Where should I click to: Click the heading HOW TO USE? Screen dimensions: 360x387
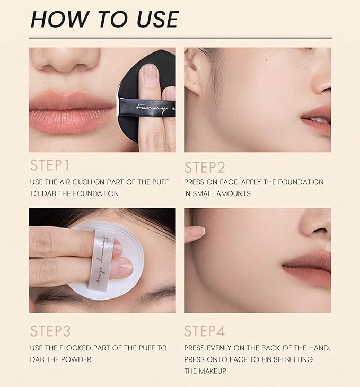[x=104, y=19]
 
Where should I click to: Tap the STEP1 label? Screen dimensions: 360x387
[x=50, y=165]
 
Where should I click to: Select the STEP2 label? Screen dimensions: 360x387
[x=205, y=168]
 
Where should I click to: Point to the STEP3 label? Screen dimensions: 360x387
[x=50, y=331]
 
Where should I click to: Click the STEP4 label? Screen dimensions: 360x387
[x=205, y=331]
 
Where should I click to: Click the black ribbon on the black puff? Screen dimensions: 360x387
[x=147, y=108]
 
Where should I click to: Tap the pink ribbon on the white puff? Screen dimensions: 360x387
[x=102, y=260]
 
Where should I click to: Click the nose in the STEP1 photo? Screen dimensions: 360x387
[x=65, y=59]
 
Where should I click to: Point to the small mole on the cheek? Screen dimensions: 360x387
[x=266, y=60]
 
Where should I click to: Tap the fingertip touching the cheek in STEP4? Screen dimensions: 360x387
[x=197, y=232]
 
